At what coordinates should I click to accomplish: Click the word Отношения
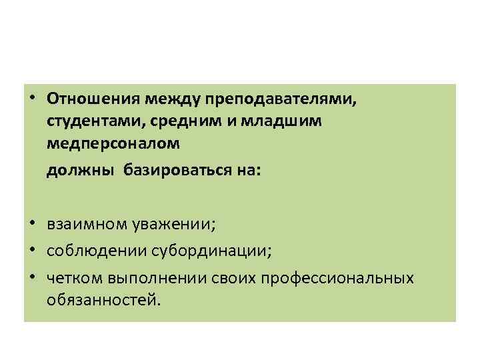[x=91, y=99]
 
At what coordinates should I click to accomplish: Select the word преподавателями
[x=281, y=99]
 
